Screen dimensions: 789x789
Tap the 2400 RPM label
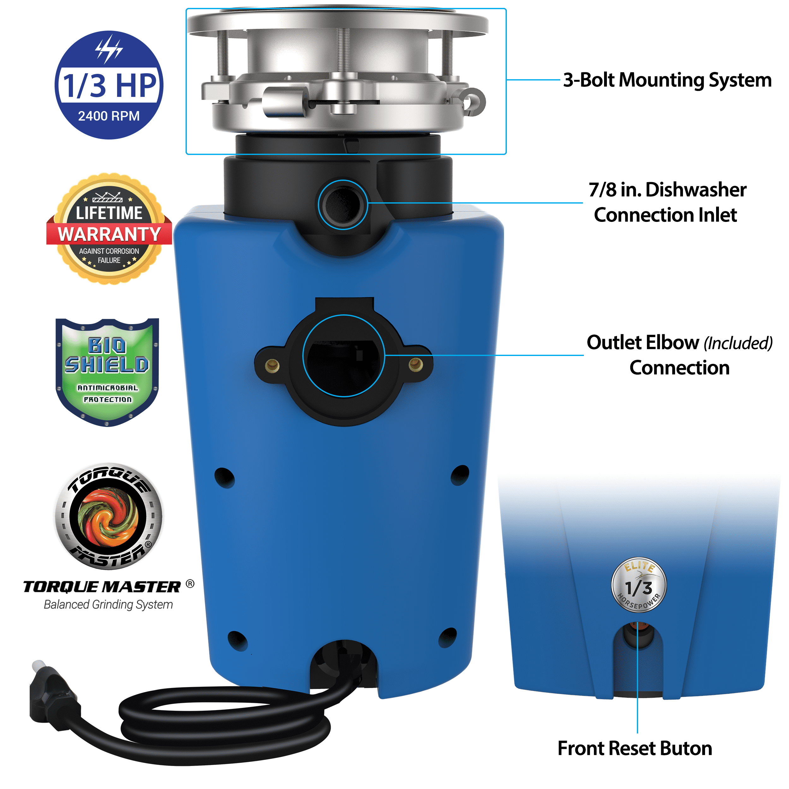click(x=109, y=116)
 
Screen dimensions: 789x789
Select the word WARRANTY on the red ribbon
click(x=109, y=234)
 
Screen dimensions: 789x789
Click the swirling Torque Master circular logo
click(x=109, y=517)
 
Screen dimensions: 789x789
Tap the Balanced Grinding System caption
click(x=108, y=604)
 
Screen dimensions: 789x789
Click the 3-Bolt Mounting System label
click(x=667, y=80)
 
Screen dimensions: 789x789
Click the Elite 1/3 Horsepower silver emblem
click(x=639, y=585)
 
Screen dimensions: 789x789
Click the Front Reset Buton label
click(x=635, y=749)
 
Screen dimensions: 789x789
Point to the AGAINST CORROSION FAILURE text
click(x=109, y=256)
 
